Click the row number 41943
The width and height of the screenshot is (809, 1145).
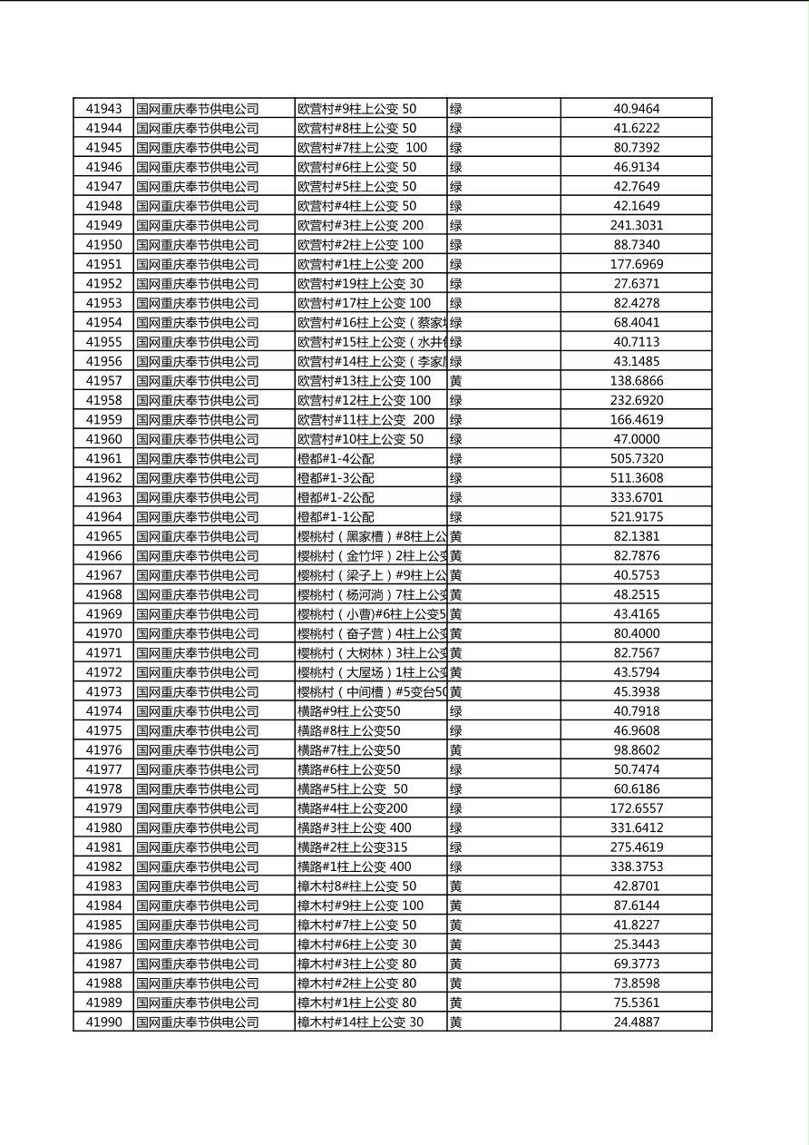[x=103, y=109]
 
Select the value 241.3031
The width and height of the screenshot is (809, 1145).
[x=636, y=225]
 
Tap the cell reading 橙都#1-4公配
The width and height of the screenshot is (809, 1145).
[x=336, y=459]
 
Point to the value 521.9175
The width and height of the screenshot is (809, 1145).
[x=636, y=517]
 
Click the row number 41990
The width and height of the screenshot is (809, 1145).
[x=103, y=1023]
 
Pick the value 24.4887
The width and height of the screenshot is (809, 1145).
[x=636, y=1023]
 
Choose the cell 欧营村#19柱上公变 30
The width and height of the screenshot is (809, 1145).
[x=360, y=284]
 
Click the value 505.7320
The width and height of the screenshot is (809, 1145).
[x=636, y=459]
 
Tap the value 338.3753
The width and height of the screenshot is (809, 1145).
[x=636, y=866]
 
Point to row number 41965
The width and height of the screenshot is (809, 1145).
[x=103, y=536]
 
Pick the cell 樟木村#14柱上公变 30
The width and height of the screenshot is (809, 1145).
[x=360, y=1023]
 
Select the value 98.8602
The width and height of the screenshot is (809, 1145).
[x=636, y=750]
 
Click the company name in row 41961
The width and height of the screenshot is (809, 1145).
[x=197, y=459]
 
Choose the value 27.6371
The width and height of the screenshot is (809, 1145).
[x=636, y=284]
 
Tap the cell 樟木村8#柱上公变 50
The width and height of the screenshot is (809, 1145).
[x=357, y=886]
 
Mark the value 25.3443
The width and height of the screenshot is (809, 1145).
[x=636, y=944]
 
